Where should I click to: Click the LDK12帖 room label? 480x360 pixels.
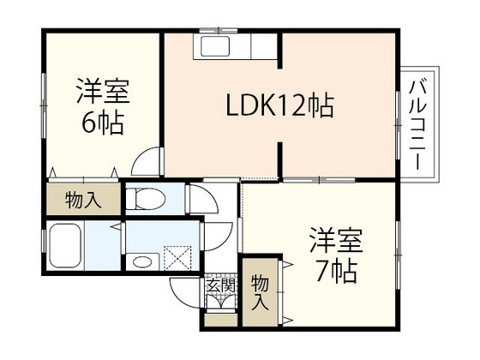tap(279, 108)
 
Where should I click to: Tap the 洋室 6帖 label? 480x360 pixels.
tap(102, 107)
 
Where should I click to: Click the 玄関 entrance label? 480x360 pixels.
tap(220, 286)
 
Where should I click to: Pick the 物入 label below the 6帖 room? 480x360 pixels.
tap(84, 201)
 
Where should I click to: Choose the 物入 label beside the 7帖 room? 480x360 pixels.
tap(260, 291)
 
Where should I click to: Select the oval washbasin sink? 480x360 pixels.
tap(142, 261)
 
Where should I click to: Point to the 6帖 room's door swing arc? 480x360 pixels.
tap(150, 160)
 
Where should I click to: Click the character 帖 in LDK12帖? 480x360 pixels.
tap(319, 108)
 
